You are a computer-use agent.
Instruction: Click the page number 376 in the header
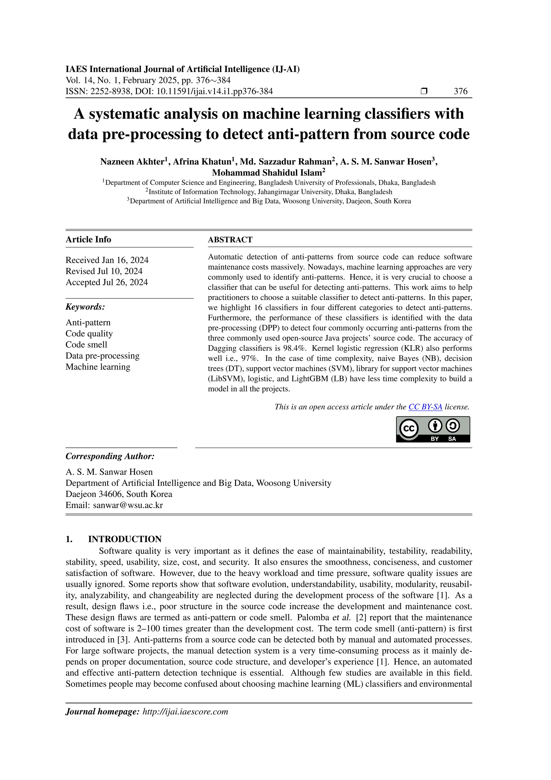coord(460,91)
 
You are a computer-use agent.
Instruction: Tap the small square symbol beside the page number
coord(423,91)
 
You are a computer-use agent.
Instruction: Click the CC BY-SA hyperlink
coord(425,407)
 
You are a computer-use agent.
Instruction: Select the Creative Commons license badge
coord(433,429)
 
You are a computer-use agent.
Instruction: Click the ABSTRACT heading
coord(230,239)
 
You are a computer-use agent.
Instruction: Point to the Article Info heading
coord(88,239)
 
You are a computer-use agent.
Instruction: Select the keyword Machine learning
coord(98,367)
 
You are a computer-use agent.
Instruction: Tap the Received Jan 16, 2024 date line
coord(107,260)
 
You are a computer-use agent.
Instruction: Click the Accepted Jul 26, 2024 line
coord(107,282)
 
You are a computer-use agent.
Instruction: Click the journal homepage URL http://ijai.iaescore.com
coord(185,712)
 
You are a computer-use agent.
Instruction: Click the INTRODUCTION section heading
coord(125,539)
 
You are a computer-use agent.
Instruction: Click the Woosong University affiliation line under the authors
coord(270,201)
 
